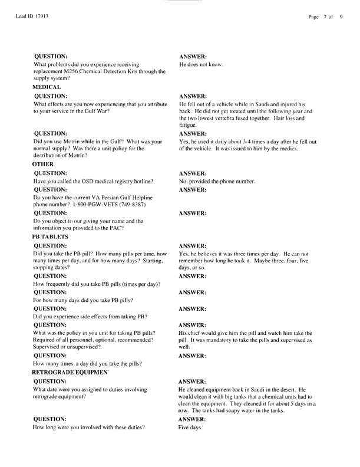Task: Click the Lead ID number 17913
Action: [40, 17]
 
